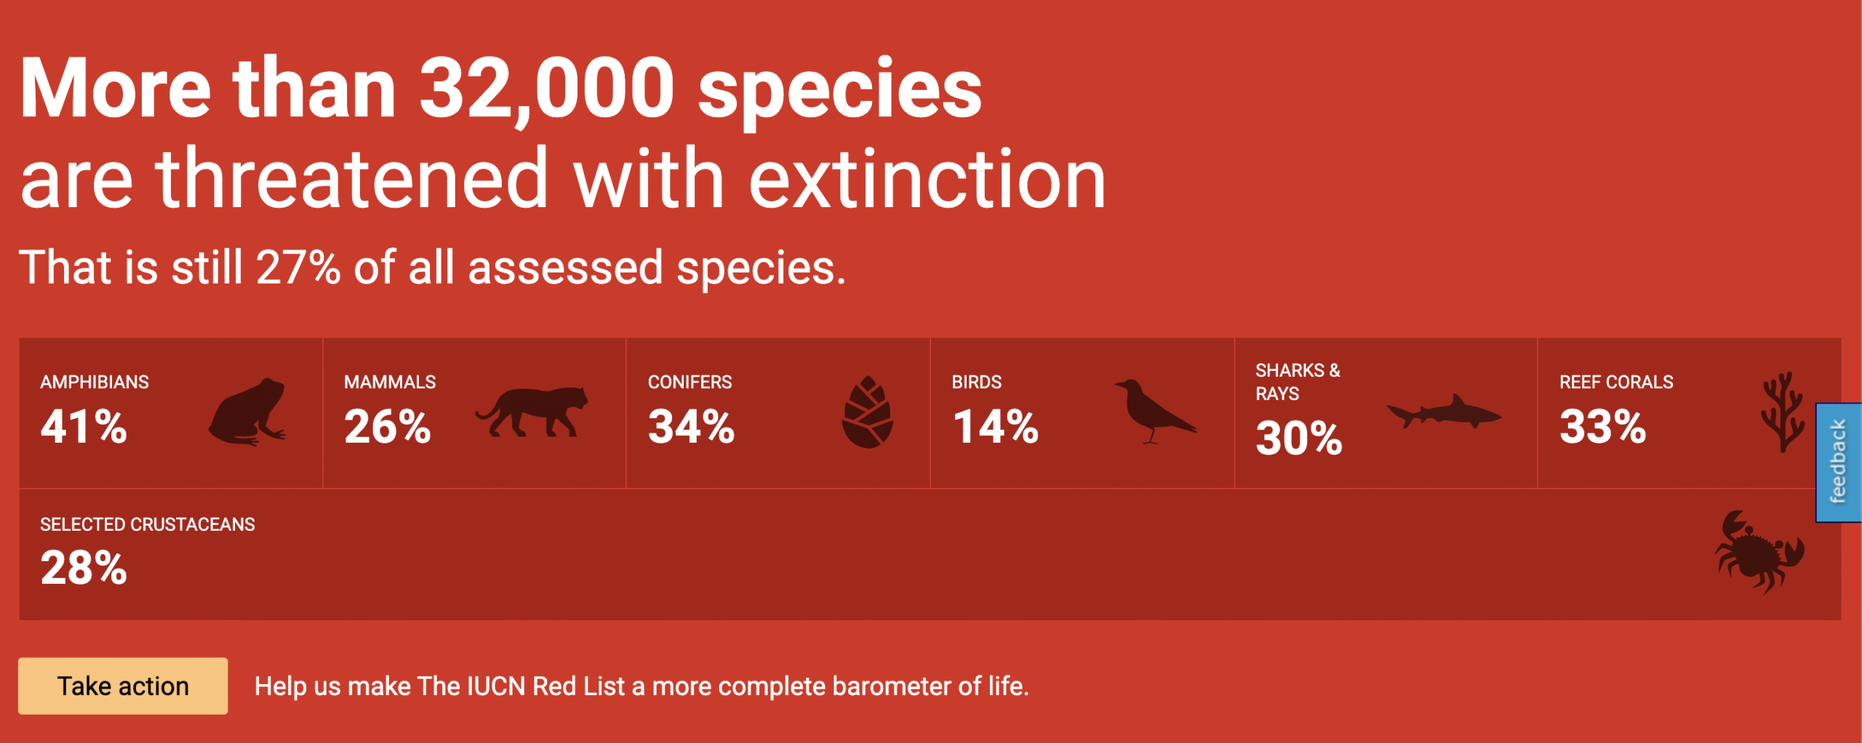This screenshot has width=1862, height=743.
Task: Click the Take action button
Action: [123, 686]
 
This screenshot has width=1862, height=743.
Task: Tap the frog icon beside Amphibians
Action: [247, 411]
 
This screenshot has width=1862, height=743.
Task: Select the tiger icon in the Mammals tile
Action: [532, 411]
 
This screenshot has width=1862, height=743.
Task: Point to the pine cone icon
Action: [867, 412]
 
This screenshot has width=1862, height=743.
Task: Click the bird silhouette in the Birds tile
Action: [1155, 411]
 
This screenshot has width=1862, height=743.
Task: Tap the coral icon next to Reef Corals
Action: [1783, 411]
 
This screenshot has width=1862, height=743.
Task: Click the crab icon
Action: [1759, 553]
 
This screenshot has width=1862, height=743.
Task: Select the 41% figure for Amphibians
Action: [84, 426]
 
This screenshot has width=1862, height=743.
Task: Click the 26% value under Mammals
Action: [388, 426]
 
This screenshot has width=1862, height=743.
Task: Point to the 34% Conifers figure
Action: [692, 426]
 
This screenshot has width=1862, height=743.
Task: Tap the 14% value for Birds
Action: [996, 426]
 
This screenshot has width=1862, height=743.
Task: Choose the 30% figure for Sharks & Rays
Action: [1299, 438]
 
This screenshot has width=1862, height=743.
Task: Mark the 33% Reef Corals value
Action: [1603, 426]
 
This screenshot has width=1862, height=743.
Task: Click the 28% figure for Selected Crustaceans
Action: [84, 567]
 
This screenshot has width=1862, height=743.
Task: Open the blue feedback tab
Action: [1839, 462]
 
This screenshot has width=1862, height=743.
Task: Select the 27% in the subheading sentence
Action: [298, 268]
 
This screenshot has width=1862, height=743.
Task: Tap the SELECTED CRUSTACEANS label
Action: [148, 524]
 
